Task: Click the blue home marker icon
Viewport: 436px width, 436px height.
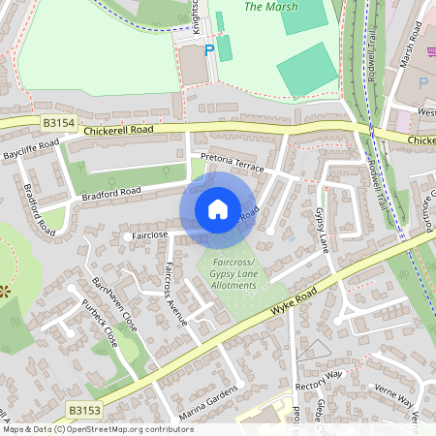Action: (x=218, y=209)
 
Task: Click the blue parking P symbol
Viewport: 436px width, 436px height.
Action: (x=208, y=49)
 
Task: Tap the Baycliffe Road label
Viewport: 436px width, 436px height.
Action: (x=30, y=149)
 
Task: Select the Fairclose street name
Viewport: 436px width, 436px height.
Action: (x=149, y=234)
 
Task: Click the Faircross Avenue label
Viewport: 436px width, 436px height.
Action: (x=175, y=293)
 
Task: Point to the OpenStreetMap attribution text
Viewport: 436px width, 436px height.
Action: (x=98, y=428)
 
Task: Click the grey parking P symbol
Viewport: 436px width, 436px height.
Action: (x=421, y=82)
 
